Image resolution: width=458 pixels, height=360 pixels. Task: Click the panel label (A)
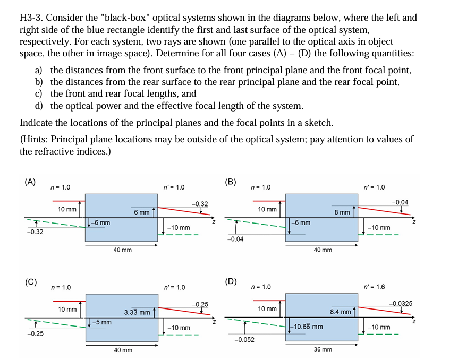[x=30, y=181]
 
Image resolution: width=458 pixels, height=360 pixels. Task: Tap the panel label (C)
[x=30, y=281]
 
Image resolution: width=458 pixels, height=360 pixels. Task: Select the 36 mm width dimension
[x=323, y=349]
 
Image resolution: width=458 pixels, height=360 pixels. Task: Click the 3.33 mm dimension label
[x=137, y=312]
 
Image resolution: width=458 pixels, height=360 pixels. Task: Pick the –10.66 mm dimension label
[x=307, y=326]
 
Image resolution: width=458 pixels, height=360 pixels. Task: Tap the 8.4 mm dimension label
[x=340, y=312]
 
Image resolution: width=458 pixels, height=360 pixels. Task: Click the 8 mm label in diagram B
[x=342, y=212]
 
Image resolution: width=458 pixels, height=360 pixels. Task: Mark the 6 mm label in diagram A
[x=141, y=212]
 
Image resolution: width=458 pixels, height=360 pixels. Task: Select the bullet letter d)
[x=39, y=106]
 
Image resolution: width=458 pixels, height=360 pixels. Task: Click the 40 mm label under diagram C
[x=123, y=350]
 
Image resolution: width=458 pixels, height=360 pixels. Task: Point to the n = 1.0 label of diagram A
[x=60, y=187]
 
